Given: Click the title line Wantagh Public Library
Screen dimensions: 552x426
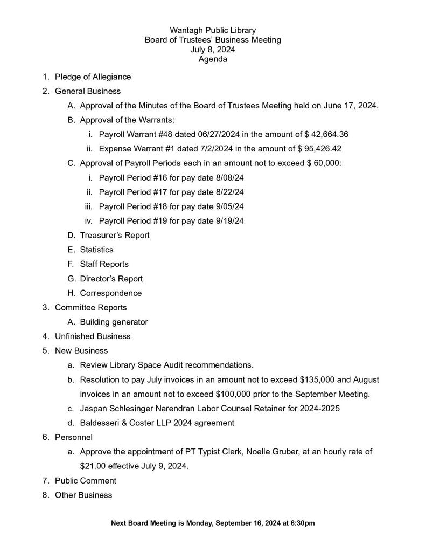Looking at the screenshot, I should [x=213, y=30].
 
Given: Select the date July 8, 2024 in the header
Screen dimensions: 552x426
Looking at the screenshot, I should [x=213, y=50].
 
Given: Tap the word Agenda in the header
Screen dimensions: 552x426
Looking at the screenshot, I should [x=213, y=59].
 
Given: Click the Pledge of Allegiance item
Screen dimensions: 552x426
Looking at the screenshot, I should [x=93, y=77].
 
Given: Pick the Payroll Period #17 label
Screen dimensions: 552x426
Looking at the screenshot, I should [x=133, y=192].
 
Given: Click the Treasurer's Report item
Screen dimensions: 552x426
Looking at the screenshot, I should [x=115, y=235].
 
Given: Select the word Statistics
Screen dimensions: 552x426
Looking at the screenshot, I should [x=96, y=250].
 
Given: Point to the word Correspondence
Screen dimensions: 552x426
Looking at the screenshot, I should [x=111, y=293].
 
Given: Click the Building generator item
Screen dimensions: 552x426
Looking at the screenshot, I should [x=114, y=322].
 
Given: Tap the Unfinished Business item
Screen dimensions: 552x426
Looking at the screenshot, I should [x=93, y=336].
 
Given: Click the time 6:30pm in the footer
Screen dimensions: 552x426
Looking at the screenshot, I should [x=302, y=523].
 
